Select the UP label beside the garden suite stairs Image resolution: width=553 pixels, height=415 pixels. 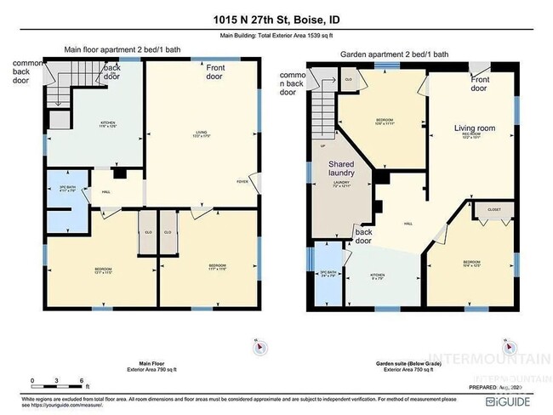[321, 145]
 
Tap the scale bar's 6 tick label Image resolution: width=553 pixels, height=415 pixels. [81, 379]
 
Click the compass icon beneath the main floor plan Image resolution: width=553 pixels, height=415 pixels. [258, 346]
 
